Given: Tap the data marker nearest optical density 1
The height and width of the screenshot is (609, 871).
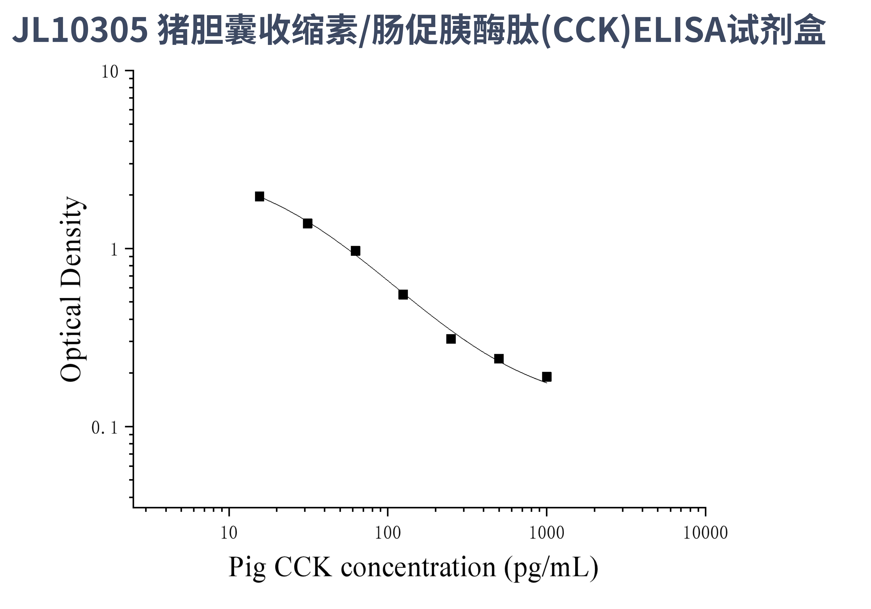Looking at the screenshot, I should pyautogui.click(x=356, y=251).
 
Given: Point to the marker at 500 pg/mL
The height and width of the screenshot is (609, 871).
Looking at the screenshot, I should pyautogui.click(x=499, y=359).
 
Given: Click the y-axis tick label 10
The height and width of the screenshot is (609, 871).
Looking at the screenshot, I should pyautogui.click(x=110, y=72).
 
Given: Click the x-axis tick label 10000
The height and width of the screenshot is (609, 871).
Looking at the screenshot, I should pyautogui.click(x=705, y=533).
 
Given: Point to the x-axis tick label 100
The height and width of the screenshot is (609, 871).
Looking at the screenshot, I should pyautogui.click(x=387, y=533).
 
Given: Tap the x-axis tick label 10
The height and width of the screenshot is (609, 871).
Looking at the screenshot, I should pyautogui.click(x=229, y=533).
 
